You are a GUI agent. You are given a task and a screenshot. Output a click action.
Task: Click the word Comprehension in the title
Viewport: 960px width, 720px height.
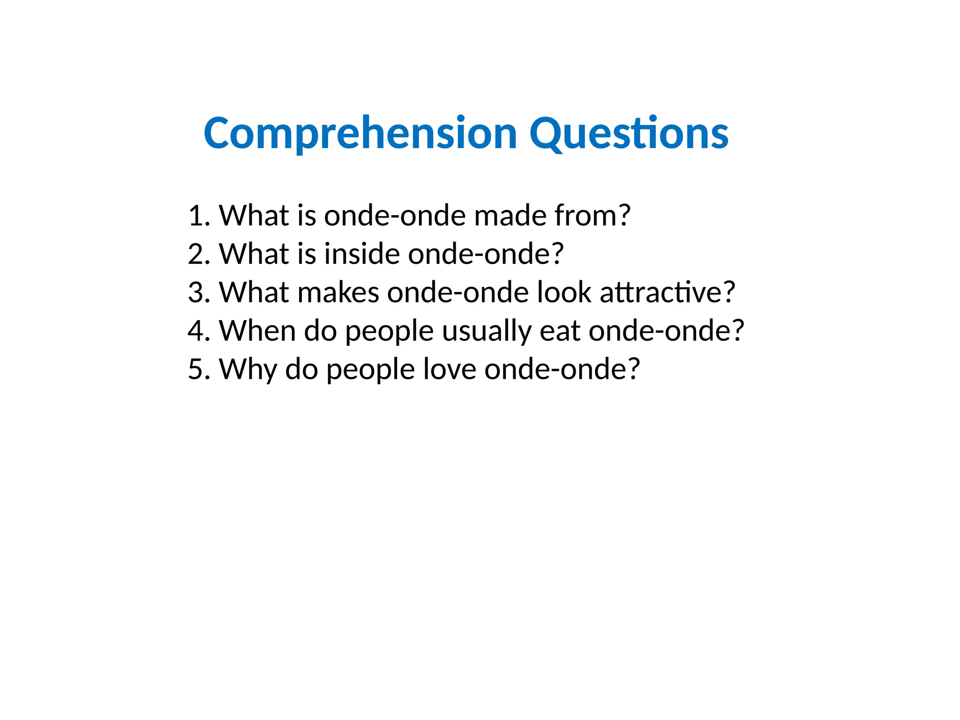pos(360,135)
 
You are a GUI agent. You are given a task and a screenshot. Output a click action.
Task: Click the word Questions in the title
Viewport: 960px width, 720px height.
pos(629,135)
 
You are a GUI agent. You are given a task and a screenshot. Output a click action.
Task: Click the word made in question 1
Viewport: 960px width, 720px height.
pos(510,216)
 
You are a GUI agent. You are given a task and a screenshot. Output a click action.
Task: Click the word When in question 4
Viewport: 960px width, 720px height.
pos(257,331)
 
